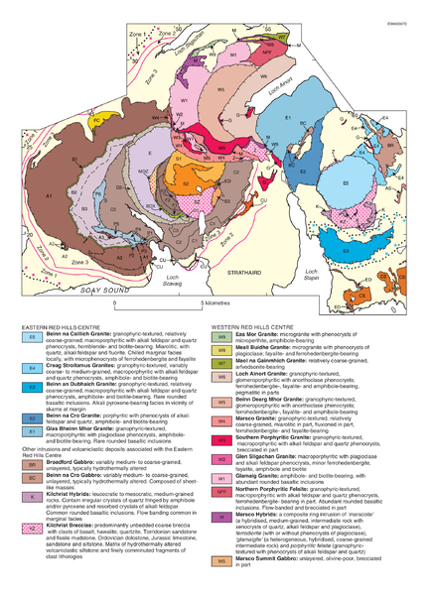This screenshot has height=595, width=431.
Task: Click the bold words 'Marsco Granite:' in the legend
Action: (x=260, y=418)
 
